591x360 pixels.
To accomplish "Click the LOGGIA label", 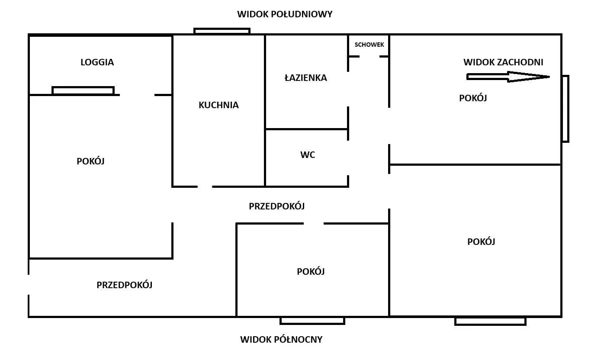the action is pos(97,62).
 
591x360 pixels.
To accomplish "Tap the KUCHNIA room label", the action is pos(218,105).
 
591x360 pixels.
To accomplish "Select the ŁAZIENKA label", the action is pos(306,77).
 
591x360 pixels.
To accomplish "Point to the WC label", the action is pos(308,154).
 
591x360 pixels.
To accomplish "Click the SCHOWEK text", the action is pos(369,45).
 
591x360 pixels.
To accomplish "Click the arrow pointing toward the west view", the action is pos(508,77).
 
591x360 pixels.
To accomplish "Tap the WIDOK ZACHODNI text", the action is pos(503,62).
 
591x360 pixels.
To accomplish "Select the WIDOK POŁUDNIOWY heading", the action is pos(285,14).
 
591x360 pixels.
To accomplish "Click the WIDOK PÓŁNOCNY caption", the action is pos(281,339).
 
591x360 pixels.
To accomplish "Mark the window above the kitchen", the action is pos(222,31).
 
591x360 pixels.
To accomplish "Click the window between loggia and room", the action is pos(83,90).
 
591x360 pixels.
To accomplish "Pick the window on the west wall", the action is pos(565,109).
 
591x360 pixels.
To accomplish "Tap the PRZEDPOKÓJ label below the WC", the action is pos(277,206).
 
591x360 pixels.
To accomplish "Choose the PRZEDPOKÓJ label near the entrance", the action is pos(125,285).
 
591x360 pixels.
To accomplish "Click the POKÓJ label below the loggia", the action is pos(90,161).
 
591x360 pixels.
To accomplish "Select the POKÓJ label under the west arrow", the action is pos(473,98).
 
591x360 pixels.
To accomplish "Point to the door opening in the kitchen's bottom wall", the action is pos(205,186).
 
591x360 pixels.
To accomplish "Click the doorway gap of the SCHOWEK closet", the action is pos(369,56).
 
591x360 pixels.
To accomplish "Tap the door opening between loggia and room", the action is pos(137,95).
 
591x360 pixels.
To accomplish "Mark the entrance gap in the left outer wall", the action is pos(29,285).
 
